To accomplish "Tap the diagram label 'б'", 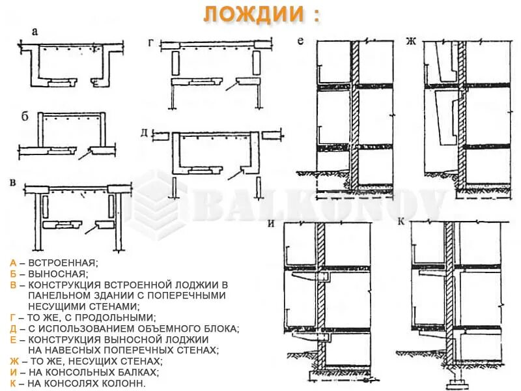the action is [25, 117].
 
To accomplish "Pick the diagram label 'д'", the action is [144, 133].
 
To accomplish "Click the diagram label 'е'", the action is [300, 42].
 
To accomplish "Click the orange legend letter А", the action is [13, 263].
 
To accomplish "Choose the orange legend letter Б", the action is [13, 274].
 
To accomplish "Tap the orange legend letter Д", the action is [13, 328].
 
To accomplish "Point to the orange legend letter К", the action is [13, 383].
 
